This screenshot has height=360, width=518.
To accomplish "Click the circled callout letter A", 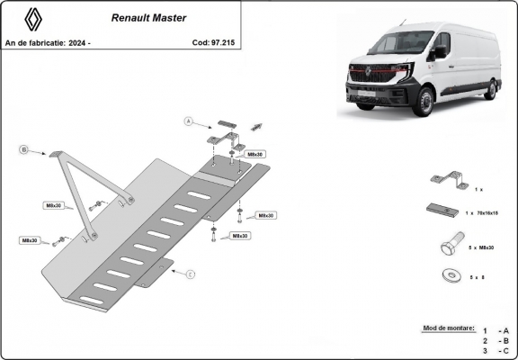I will click(188, 120).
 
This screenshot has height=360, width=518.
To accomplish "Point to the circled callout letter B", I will click(24, 150).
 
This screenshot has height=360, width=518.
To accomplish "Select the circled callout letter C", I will click(191, 274).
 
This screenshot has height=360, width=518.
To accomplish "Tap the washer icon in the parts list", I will click(448, 276).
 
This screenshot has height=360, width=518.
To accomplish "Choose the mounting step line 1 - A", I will click(496, 331).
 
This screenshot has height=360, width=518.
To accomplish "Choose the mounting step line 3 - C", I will click(496, 351).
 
